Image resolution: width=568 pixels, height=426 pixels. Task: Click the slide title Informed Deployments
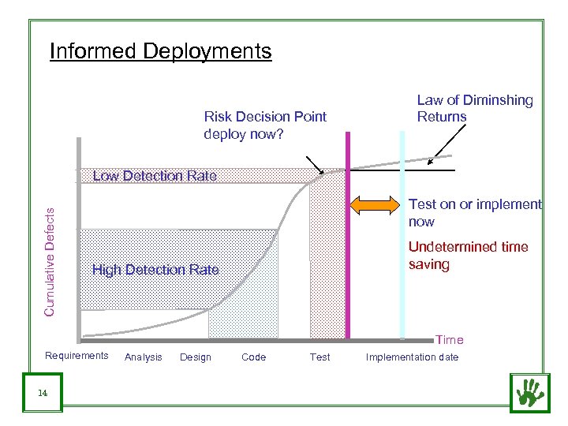click(160, 51)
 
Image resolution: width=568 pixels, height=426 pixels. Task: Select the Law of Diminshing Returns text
click(474, 108)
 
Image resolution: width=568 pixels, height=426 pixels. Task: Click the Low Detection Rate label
click(155, 176)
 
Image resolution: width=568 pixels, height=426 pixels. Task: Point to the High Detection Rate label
click(155, 270)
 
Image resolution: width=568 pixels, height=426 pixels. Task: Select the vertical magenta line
click(348, 237)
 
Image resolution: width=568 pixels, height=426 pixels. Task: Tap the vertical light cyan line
click(402, 237)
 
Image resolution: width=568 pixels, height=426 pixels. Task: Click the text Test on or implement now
click(474, 213)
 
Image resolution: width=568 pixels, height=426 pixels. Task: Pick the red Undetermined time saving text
click(468, 256)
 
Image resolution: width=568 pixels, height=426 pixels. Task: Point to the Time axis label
click(450, 340)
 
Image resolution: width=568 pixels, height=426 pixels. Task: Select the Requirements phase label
click(77, 356)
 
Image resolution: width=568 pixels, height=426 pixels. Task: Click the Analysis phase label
click(143, 357)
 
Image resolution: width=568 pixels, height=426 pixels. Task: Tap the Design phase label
click(196, 357)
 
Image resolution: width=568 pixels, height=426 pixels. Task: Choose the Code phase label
click(253, 357)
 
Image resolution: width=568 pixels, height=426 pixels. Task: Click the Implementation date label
click(411, 357)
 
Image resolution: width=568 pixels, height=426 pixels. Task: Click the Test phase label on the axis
click(320, 357)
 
